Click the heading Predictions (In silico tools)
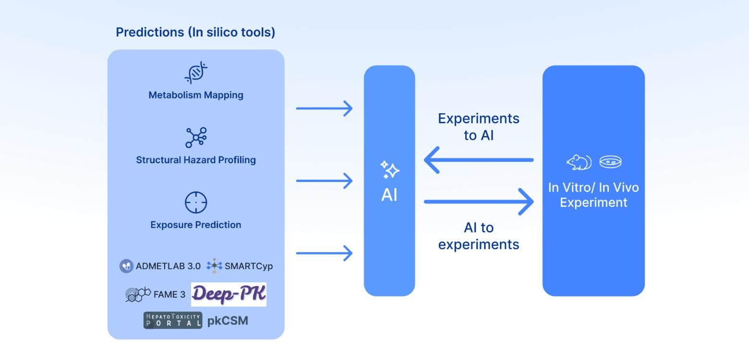195,33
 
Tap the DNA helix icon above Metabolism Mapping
196,73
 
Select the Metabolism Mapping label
196,95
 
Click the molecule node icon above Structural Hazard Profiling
196,137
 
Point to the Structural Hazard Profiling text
196,160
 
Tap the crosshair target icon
196,203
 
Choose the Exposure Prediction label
196,225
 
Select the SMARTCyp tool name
248,266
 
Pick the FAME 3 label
169,295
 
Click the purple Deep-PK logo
229,294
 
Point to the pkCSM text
228,321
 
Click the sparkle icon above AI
389,169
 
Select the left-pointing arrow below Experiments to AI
479,160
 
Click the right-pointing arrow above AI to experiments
479,202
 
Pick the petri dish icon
611,162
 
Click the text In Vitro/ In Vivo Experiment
593,195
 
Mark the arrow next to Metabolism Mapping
324,108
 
